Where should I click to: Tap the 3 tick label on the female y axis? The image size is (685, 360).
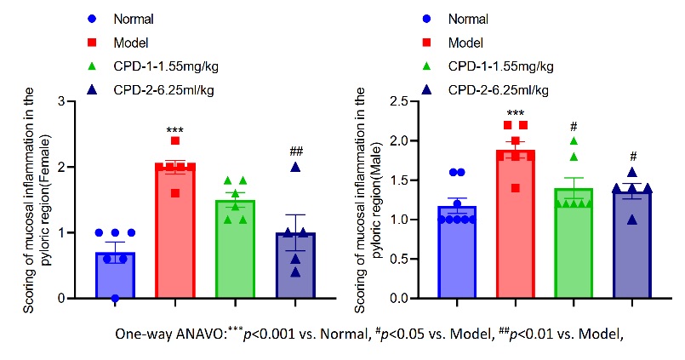pyautogui.click(x=60, y=101)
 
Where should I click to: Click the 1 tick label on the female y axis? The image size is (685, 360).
pyautogui.click(x=60, y=233)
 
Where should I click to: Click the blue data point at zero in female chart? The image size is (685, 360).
pyautogui.click(x=116, y=298)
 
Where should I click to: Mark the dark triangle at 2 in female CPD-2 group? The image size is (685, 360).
pyautogui.click(x=295, y=167)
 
